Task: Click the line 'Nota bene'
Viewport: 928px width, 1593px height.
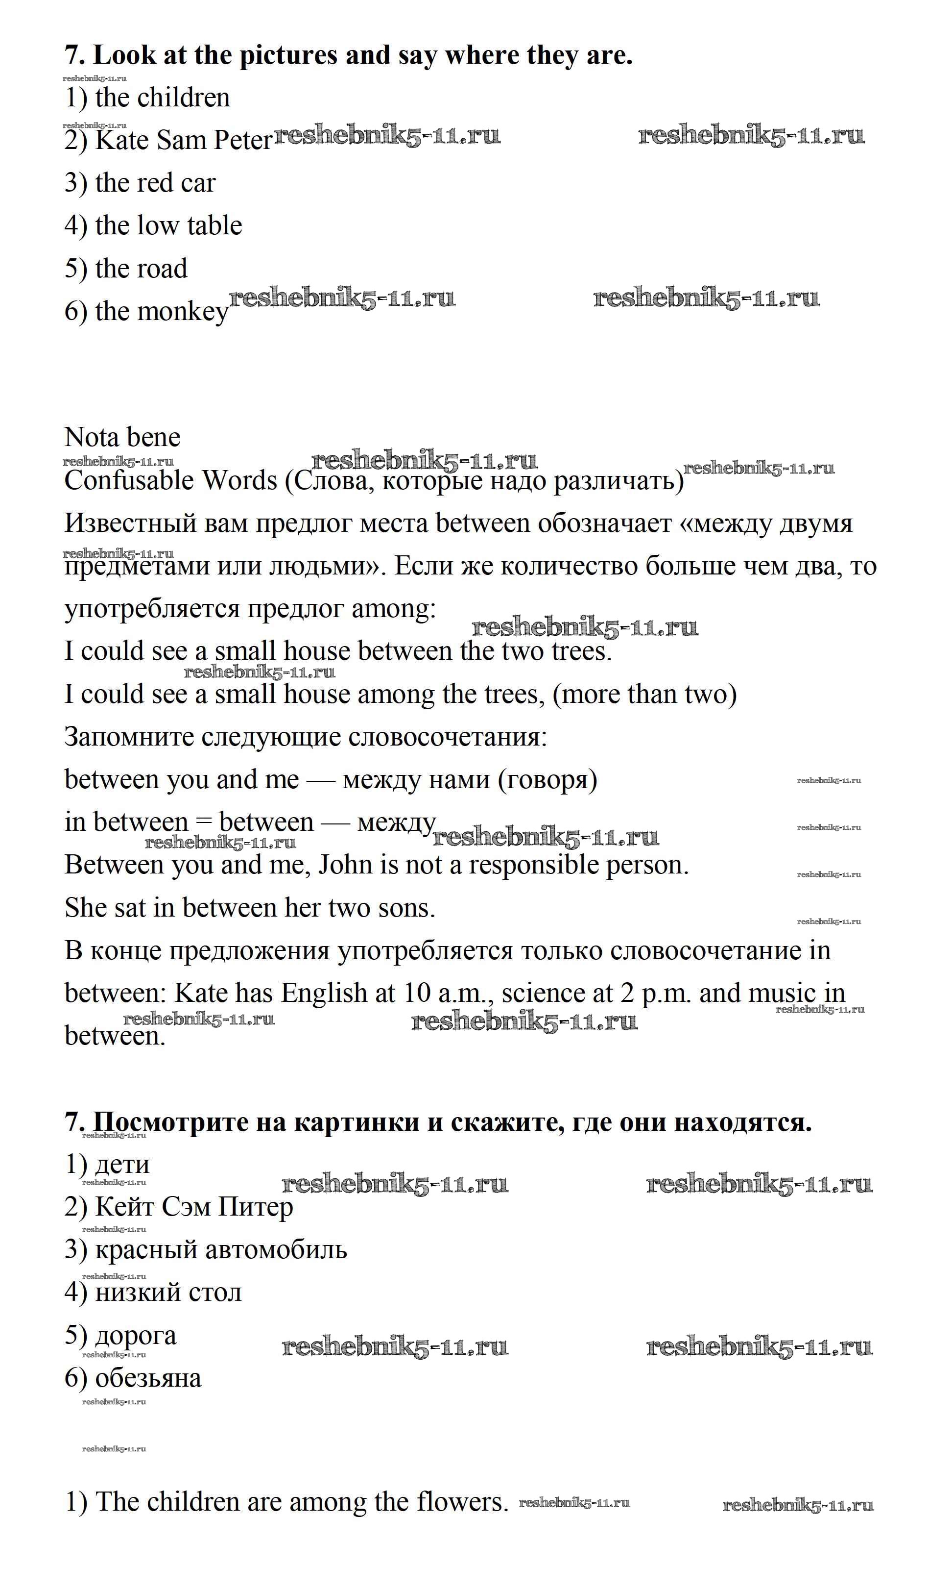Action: coord(122,437)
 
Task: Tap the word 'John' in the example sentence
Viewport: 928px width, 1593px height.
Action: coord(345,865)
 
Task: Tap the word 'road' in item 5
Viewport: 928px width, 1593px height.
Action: coord(163,269)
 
